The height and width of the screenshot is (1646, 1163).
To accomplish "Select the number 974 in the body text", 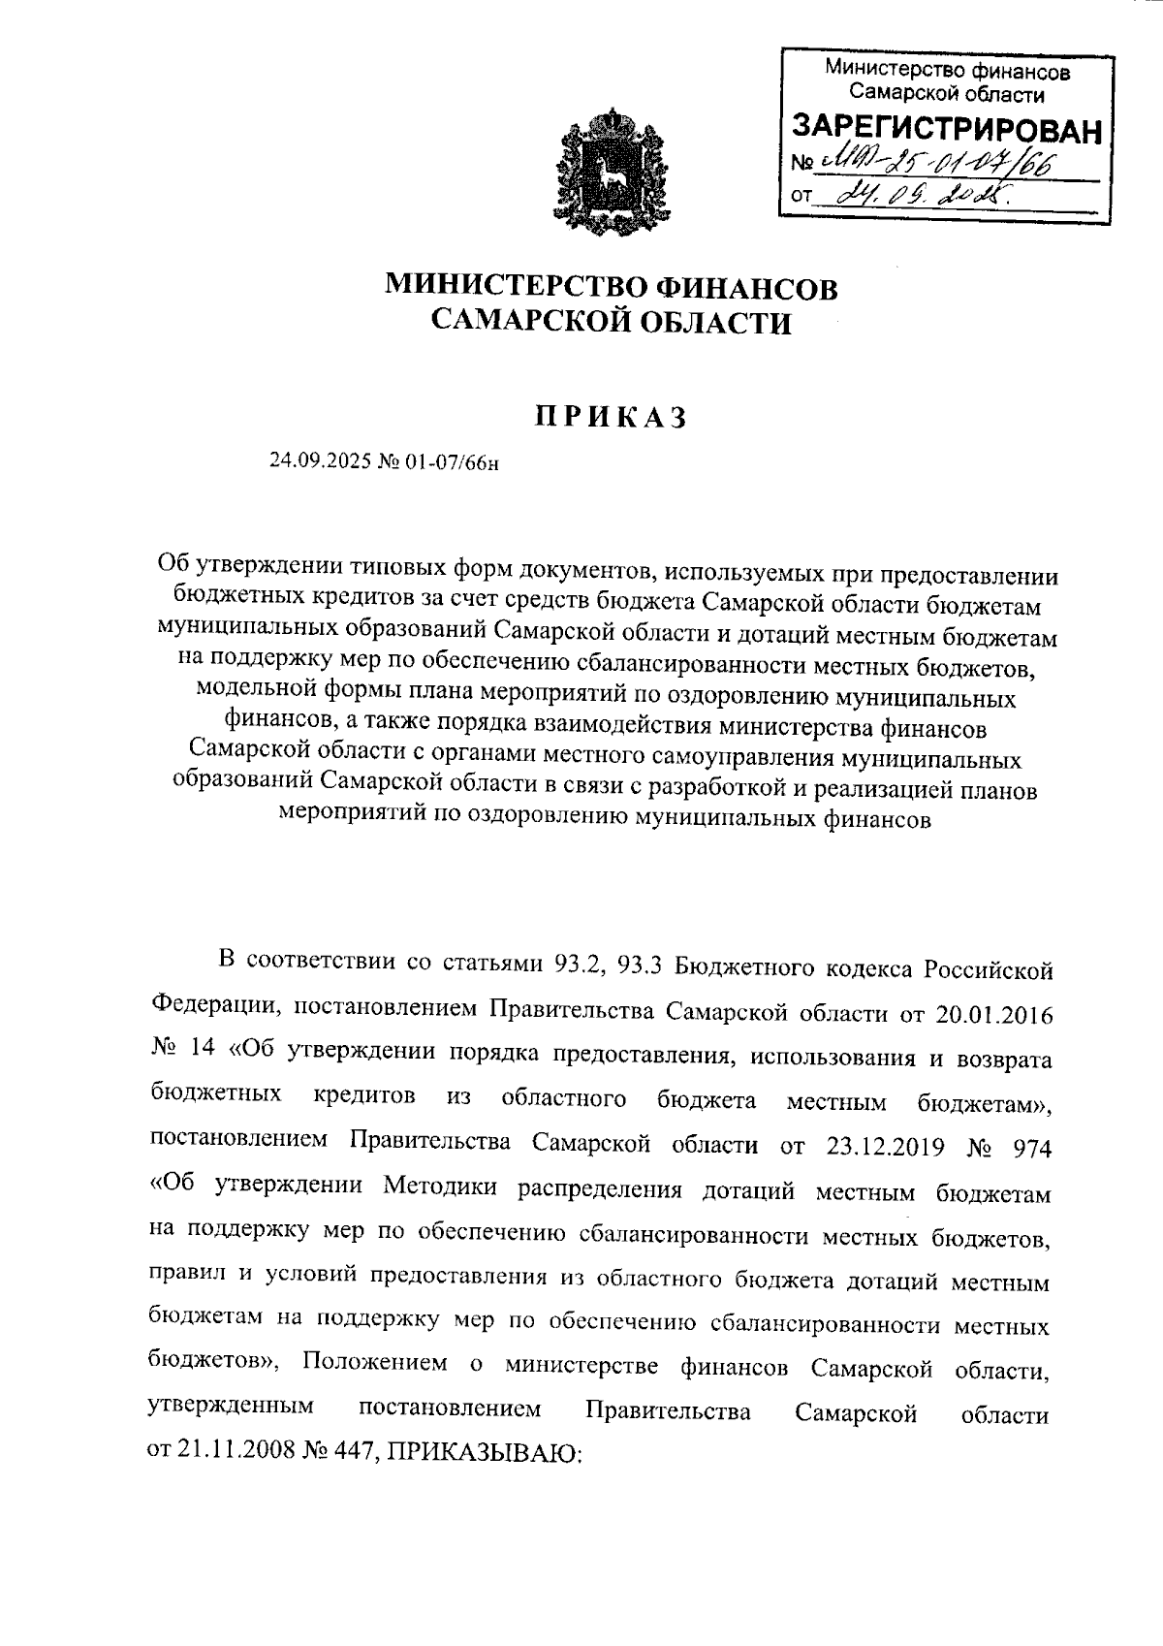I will [1030, 1146].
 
